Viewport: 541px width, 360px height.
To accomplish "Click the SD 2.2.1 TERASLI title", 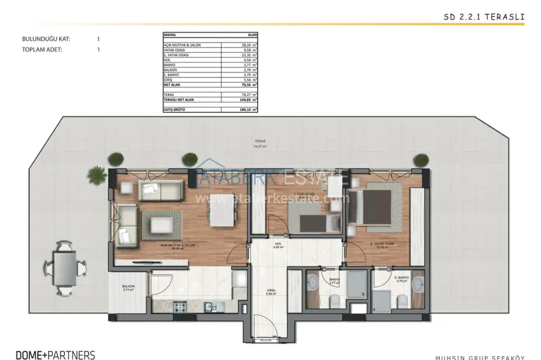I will tap(484, 17).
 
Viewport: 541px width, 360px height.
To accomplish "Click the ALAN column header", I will tap(251, 35).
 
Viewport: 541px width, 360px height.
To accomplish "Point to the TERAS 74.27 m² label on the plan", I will tap(258, 144).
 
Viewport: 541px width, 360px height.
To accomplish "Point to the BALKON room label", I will tap(128, 287).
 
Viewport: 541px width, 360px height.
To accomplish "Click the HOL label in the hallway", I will tap(278, 244).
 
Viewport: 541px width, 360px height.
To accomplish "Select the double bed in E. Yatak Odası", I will tap(374, 207).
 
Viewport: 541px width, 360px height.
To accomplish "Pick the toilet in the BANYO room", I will tap(334, 301).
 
